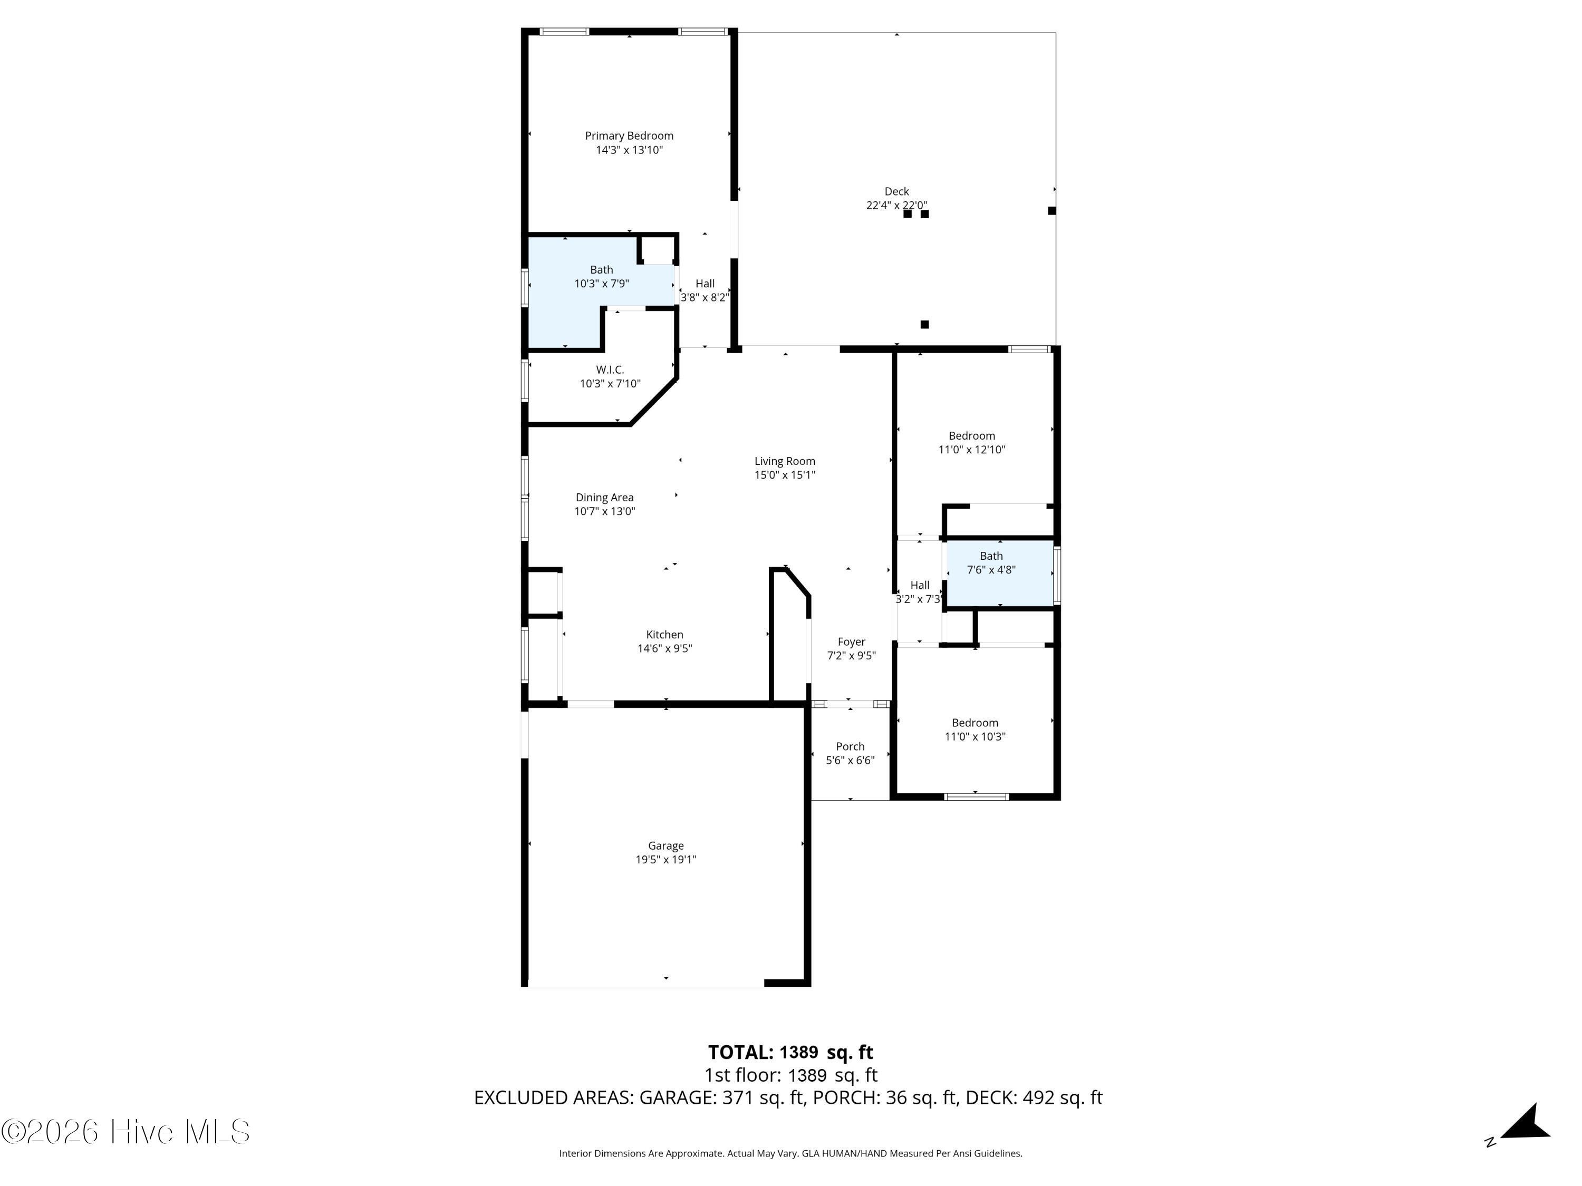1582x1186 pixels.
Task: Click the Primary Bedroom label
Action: click(x=629, y=136)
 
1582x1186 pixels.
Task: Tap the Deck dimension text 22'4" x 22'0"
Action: click(x=896, y=205)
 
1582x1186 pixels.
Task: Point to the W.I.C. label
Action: click(x=610, y=370)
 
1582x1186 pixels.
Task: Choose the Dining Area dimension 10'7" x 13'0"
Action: click(x=604, y=511)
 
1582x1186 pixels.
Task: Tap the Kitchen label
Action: click(x=664, y=635)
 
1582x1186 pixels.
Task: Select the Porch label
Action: click(x=850, y=746)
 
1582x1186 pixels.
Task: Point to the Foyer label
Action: click(x=851, y=642)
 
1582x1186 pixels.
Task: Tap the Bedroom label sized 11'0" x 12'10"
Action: click(x=971, y=436)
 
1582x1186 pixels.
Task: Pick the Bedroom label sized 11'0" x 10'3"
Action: click(x=974, y=723)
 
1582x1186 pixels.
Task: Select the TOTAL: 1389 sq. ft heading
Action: click(x=790, y=1052)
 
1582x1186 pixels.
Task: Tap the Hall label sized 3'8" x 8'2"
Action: click(x=705, y=284)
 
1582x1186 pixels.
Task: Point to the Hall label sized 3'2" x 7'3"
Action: click(x=919, y=586)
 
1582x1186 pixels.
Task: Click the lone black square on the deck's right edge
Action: click(x=1052, y=211)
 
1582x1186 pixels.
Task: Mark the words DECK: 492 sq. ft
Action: click(x=1034, y=1097)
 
